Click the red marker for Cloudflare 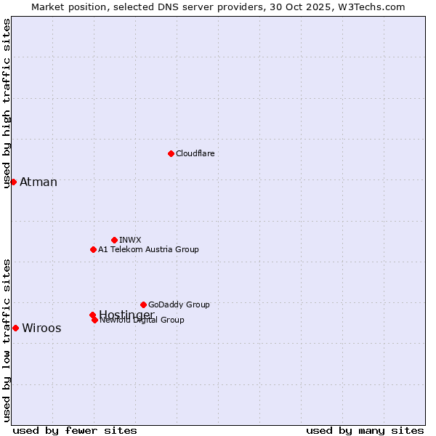(x=171, y=153)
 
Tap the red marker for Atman (x=13, y=182)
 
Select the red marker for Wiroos (x=15, y=328)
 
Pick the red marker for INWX (x=114, y=240)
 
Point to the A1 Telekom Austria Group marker (x=93, y=249)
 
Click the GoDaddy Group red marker (x=143, y=304)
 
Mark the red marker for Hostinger (x=92, y=315)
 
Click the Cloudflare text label (x=195, y=153)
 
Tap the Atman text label (x=39, y=182)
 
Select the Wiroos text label (x=41, y=328)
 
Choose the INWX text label (x=130, y=240)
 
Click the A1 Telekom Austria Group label (x=148, y=249)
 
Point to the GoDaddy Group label (x=179, y=304)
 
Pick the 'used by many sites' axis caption (x=365, y=431)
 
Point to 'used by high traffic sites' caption (x=7, y=104)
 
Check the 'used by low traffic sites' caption (x=7, y=339)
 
